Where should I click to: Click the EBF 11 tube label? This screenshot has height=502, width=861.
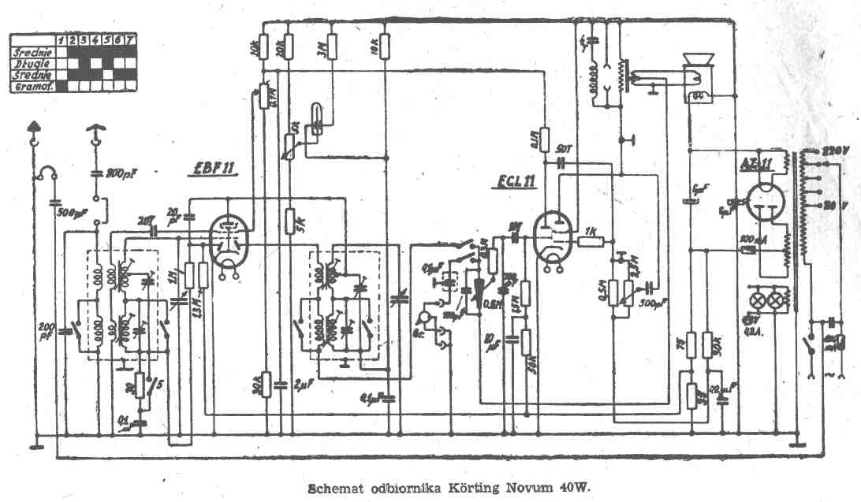click(x=206, y=169)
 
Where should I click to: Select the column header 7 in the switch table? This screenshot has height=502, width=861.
click(x=130, y=39)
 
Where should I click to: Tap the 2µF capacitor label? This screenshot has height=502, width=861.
click(x=299, y=385)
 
